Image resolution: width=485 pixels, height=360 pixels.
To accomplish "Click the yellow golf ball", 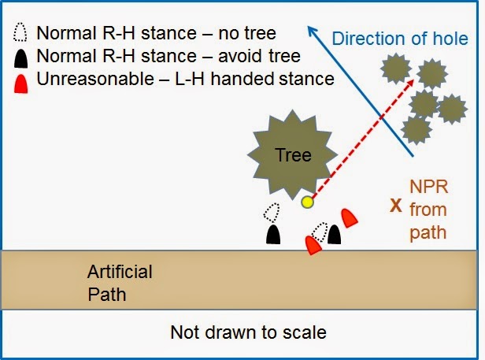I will pos(308,202).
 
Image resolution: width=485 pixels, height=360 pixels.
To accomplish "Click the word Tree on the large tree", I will pos(293,154).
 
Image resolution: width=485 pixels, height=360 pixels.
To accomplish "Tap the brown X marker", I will pos(396,206).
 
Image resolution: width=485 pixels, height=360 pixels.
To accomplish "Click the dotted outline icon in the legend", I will pos(22,33).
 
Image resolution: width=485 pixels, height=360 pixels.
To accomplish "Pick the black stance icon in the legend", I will pos(22,56).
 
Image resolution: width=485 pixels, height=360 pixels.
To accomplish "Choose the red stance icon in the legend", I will pos(23,79).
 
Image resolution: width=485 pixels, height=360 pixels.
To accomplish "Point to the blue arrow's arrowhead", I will pos(313,32).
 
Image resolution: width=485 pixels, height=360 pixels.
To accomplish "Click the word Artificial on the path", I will pos(120,272).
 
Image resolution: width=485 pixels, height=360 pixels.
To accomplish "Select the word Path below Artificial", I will pos(107,295).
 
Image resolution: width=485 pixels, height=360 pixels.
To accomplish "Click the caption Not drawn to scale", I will pos(248,332).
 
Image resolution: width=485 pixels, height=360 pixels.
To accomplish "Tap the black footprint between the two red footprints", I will pos(335,235).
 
